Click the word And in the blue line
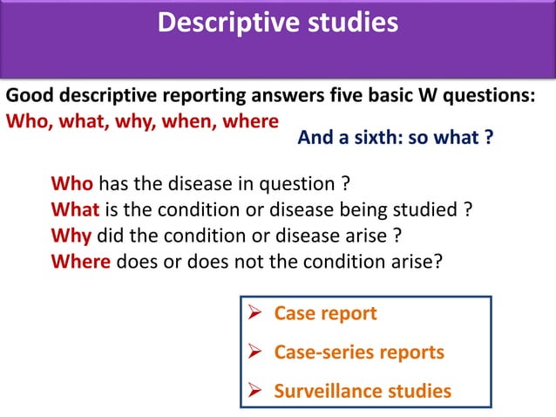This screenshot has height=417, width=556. click(315, 137)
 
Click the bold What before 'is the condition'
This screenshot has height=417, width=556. click(77, 210)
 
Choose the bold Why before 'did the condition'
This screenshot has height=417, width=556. click(71, 236)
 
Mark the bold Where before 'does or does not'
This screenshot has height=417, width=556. click(81, 261)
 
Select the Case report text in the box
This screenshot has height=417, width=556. click(325, 313)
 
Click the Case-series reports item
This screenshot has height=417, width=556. click(359, 352)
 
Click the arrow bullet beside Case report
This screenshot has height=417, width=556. click(257, 313)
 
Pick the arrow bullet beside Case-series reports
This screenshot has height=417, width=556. click(257, 352)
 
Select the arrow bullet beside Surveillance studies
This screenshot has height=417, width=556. click(257, 391)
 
